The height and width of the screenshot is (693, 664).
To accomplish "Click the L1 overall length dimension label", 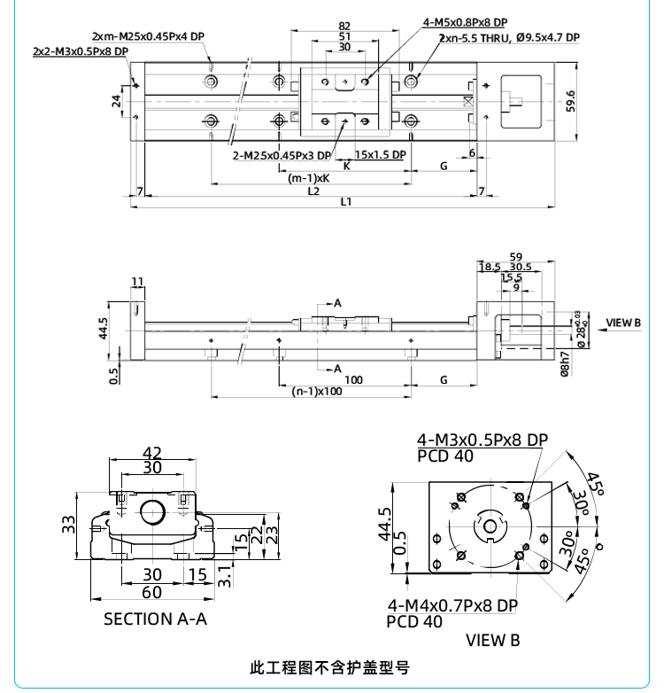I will pos(346,201).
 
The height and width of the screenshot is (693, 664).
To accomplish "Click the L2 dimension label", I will pos(313,191).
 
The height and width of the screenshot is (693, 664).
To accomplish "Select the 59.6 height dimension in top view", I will pos(571,101).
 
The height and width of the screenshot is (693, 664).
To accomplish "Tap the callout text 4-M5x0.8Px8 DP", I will pos(465,22).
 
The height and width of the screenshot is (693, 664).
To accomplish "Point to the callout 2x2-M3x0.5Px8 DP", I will pos(80,51).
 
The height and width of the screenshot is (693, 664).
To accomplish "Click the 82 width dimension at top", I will pos(344,26).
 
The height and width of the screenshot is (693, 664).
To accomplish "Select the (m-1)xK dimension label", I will pos(309,178).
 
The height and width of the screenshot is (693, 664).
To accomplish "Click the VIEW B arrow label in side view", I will pos(623,323).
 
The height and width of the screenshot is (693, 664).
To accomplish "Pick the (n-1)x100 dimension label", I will pos(318,391).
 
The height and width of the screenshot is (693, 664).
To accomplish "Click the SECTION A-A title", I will pos(155,619).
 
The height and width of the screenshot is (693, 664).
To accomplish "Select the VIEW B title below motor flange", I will pos(493,639).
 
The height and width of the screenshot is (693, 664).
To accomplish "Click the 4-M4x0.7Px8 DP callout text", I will pos(452,605).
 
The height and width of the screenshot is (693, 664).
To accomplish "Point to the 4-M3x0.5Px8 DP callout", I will pos(483,440).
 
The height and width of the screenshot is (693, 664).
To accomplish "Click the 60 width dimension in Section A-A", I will pos(152,592).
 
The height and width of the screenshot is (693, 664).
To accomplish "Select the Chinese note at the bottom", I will pos(331,666).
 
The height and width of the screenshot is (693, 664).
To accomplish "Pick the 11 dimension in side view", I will pos(136,282).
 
